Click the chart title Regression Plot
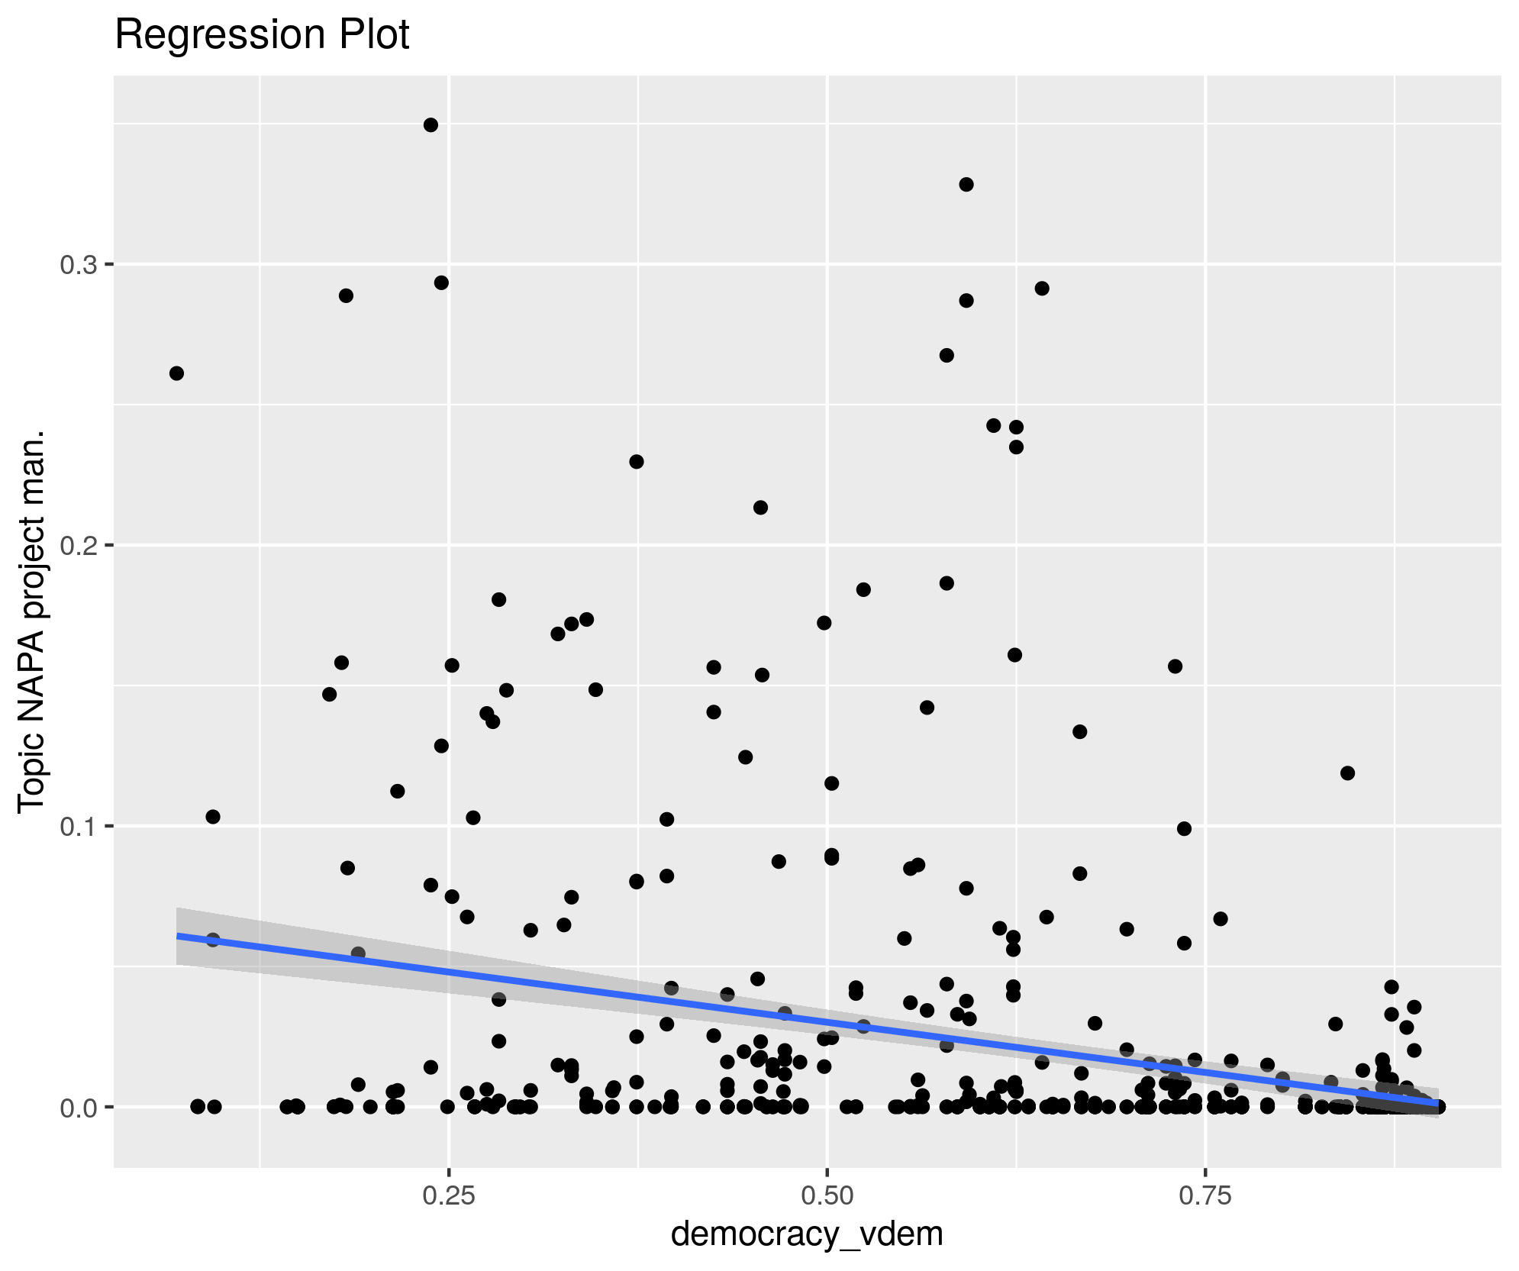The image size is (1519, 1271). [x=262, y=35]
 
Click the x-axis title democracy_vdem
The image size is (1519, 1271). [x=807, y=1234]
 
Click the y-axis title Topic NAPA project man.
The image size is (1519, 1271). [x=32, y=622]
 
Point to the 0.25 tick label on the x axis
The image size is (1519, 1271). [x=449, y=1196]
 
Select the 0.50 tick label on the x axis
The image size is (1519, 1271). [x=827, y=1196]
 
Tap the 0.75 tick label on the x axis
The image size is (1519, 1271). [x=1205, y=1196]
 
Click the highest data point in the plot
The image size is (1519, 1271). [x=431, y=125]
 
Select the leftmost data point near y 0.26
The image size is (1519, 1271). [x=176, y=373]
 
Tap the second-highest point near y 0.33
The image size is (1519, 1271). [x=966, y=185]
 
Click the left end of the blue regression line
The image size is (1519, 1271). [x=178, y=936]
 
